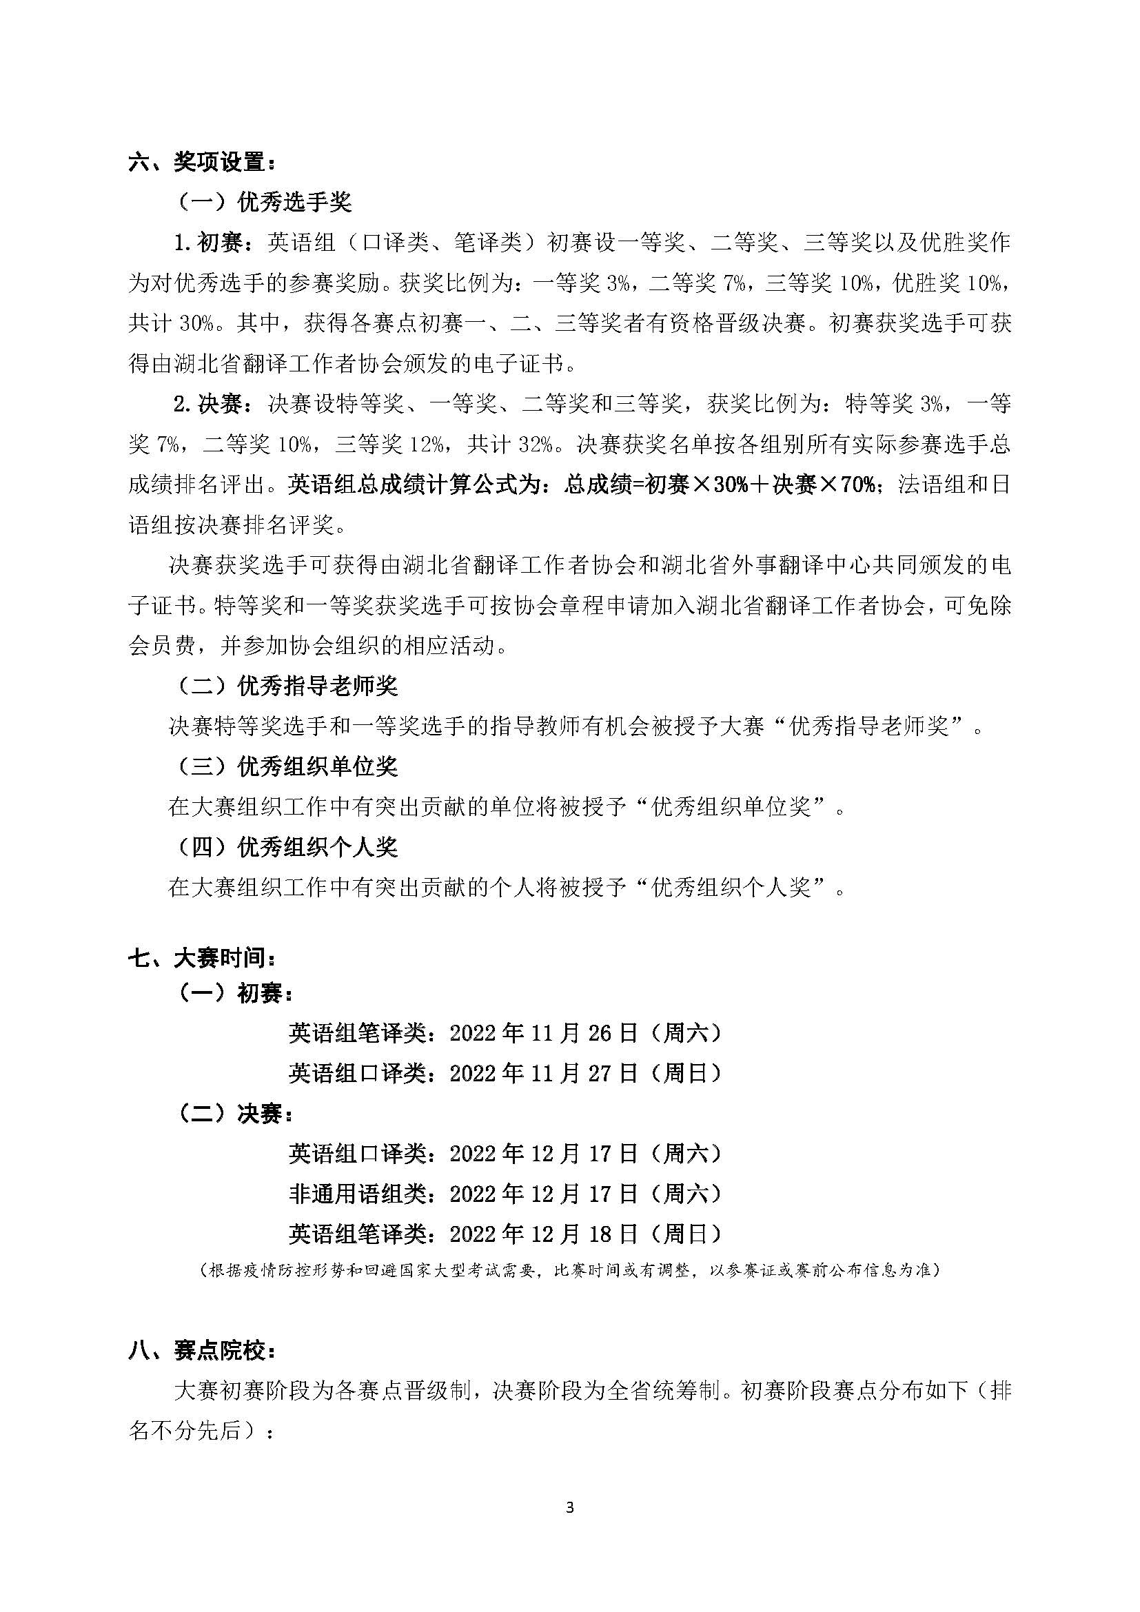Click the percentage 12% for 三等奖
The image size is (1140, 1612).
(x=423, y=445)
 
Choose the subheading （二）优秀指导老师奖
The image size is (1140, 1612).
(x=284, y=686)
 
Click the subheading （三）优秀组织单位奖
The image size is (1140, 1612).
(x=284, y=766)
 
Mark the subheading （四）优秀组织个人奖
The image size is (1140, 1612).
(x=284, y=848)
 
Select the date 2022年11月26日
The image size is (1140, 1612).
(x=544, y=1033)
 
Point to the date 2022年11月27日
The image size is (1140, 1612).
(x=544, y=1074)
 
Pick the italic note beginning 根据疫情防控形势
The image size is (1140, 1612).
(x=569, y=1270)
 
